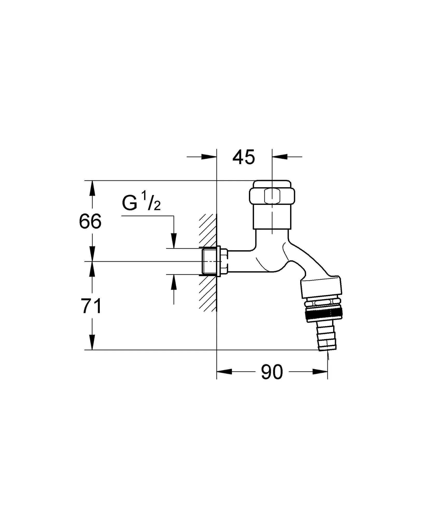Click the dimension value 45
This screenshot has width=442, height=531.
(244, 157)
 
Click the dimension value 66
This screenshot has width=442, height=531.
(90, 221)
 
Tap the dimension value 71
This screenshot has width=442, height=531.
(91, 306)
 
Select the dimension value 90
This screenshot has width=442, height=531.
(272, 372)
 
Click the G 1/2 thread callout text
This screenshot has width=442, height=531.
(141, 204)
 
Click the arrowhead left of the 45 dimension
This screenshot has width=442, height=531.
(209, 157)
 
